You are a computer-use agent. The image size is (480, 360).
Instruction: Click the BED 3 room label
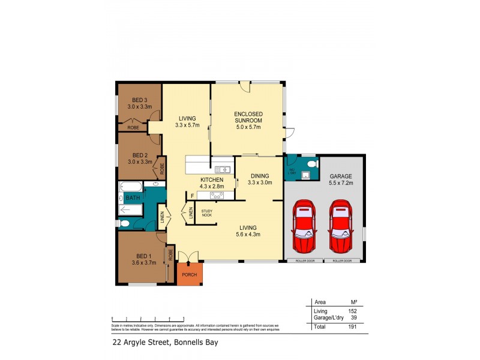tap(139, 103)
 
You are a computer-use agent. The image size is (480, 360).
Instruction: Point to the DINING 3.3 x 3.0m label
tap(260, 179)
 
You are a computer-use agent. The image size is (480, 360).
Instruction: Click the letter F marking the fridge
tap(192, 196)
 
